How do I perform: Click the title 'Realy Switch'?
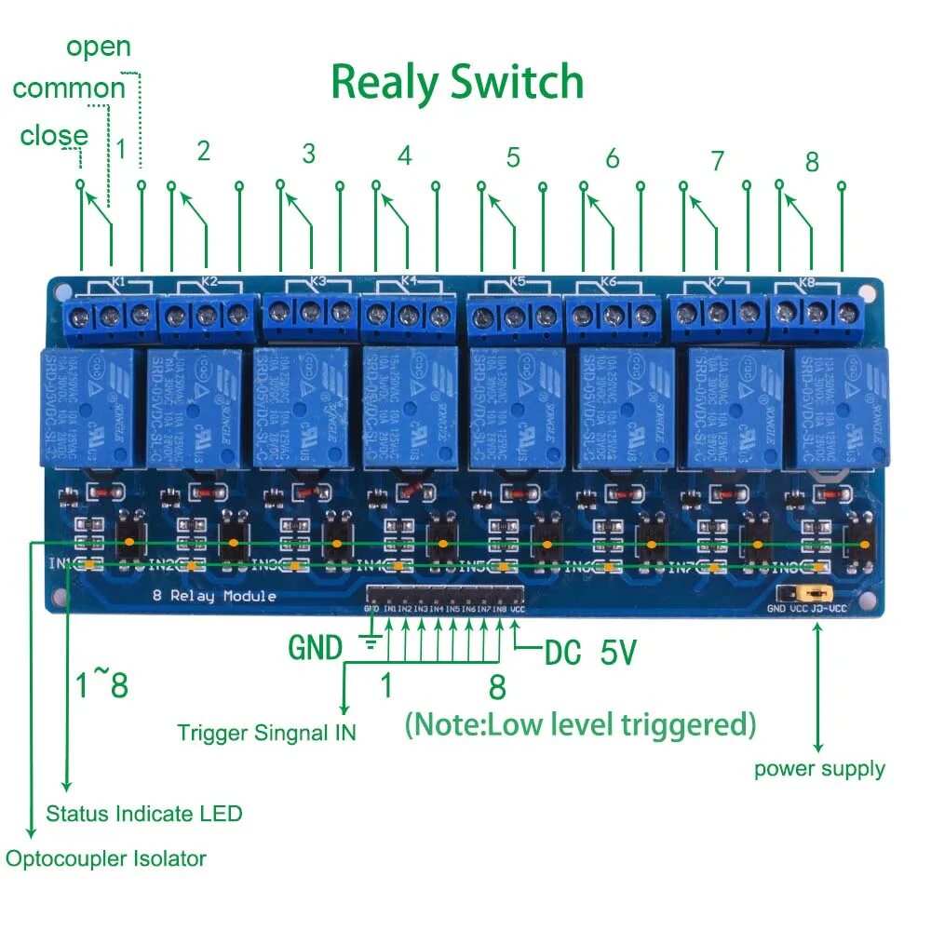point(457,83)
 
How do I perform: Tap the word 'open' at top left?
point(99,47)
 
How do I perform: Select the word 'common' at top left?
point(68,89)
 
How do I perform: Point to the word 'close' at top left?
point(54,136)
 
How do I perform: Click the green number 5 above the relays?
point(513,157)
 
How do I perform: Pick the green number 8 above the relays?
point(812,161)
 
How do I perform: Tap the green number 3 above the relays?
point(309,154)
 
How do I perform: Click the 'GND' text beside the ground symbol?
point(316,647)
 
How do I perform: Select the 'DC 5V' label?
point(590,653)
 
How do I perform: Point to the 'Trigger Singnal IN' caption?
point(266,733)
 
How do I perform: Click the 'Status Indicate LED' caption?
point(144,814)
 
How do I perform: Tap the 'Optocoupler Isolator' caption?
point(106,858)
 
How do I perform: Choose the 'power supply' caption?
point(819,769)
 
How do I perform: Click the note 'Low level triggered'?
point(580,723)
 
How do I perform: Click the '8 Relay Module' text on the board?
point(214,596)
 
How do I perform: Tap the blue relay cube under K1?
point(88,406)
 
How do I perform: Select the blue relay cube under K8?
point(836,406)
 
